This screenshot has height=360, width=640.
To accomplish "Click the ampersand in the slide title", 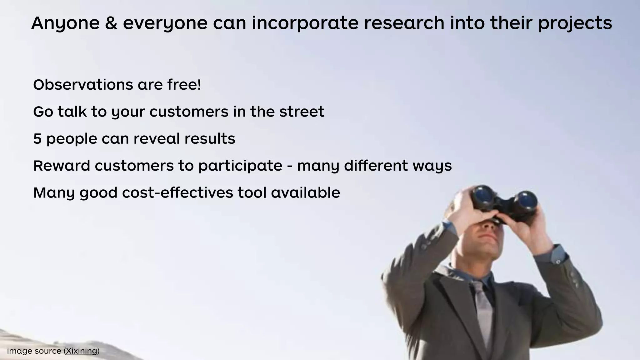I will (x=111, y=23).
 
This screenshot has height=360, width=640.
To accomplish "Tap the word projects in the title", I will (x=575, y=24).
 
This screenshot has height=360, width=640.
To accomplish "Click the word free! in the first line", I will (x=184, y=85).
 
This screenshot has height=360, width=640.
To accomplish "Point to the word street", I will (x=302, y=112).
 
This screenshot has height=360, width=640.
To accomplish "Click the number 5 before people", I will (x=37, y=139).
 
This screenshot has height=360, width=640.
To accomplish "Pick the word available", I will (x=305, y=192).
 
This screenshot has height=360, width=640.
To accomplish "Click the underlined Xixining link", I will (x=82, y=351).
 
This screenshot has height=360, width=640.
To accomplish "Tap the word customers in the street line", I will (x=189, y=112).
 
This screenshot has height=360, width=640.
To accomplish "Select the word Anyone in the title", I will (x=65, y=24).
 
